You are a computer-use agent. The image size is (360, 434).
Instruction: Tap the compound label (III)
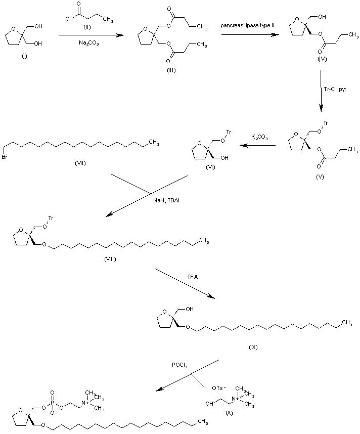coord(171,70)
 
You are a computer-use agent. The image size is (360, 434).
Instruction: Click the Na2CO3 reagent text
coord(89,44)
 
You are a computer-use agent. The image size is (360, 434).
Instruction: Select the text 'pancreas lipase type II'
coord(247,25)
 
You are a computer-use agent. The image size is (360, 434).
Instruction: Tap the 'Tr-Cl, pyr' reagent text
coord(335,89)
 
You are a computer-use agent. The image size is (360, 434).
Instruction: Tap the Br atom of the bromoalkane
coord(5,148)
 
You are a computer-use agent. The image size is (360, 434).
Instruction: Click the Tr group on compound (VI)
coord(229,133)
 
